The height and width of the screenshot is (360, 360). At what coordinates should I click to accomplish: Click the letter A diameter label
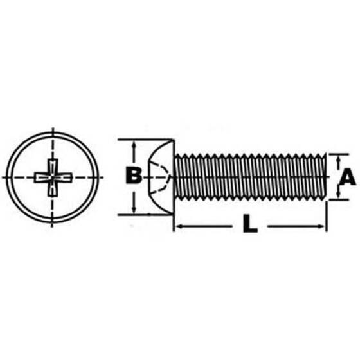pyautogui.click(x=347, y=177)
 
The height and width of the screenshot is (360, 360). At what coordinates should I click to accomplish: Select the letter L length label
pyautogui.click(x=249, y=226)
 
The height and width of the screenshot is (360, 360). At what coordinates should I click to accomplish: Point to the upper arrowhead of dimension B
pyautogui.click(x=133, y=145)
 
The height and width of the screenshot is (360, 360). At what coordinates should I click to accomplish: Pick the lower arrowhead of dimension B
pyautogui.click(x=133, y=209)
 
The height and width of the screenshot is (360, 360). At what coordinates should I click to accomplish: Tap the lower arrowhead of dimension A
pyautogui.click(x=339, y=196)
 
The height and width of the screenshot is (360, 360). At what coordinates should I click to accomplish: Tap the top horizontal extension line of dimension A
pyautogui.click(x=337, y=153)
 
